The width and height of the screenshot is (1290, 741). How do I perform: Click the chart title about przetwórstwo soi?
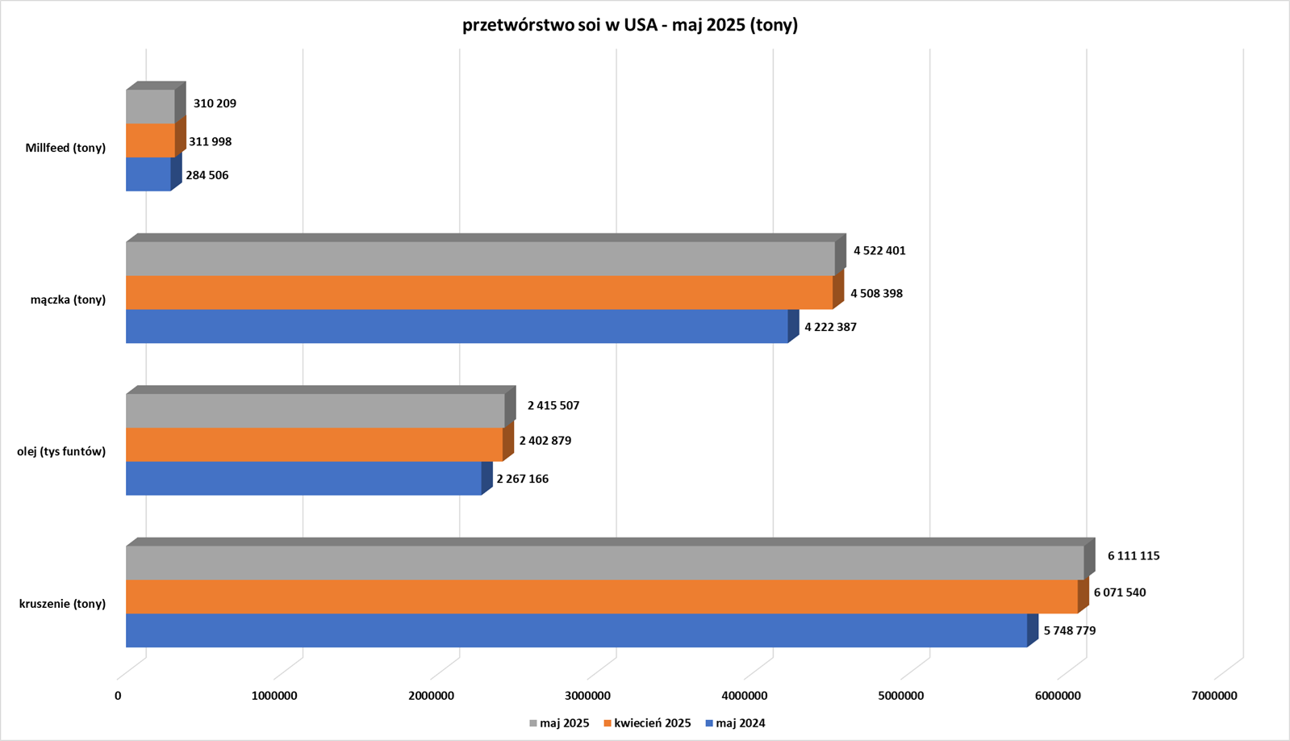tap(630, 25)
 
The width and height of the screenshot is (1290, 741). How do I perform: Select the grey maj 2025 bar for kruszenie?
tap(605, 563)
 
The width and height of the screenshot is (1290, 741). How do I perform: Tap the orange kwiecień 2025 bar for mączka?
tap(479, 292)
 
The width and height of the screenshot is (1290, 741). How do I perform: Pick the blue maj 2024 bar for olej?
tap(303, 478)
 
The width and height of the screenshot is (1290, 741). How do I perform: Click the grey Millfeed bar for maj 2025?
tap(150, 107)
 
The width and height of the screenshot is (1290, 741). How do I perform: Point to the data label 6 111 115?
tap(1133, 555)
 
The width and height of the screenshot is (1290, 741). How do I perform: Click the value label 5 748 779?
tap(1070, 630)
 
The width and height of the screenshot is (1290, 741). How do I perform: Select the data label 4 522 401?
tap(879, 250)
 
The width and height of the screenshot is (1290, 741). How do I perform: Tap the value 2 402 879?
tap(545, 441)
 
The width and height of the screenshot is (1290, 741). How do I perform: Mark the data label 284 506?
tap(207, 175)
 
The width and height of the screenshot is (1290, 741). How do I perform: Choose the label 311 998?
tap(211, 141)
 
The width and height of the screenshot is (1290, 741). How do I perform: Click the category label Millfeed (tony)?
tap(65, 148)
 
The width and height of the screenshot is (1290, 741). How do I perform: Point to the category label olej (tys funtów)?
tap(61, 451)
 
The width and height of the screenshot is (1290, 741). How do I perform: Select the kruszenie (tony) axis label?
tap(62, 603)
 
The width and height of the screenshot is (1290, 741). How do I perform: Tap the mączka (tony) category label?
tap(68, 299)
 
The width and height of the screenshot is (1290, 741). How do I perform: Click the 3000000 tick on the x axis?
tap(587, 695)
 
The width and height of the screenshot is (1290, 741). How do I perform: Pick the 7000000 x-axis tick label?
tap(1214, 695)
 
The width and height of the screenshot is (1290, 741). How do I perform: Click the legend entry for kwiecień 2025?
tap(652, 723)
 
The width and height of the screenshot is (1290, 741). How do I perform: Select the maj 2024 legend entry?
tap(741, 723)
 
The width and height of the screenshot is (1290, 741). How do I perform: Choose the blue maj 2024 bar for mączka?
tap(457, 326)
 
